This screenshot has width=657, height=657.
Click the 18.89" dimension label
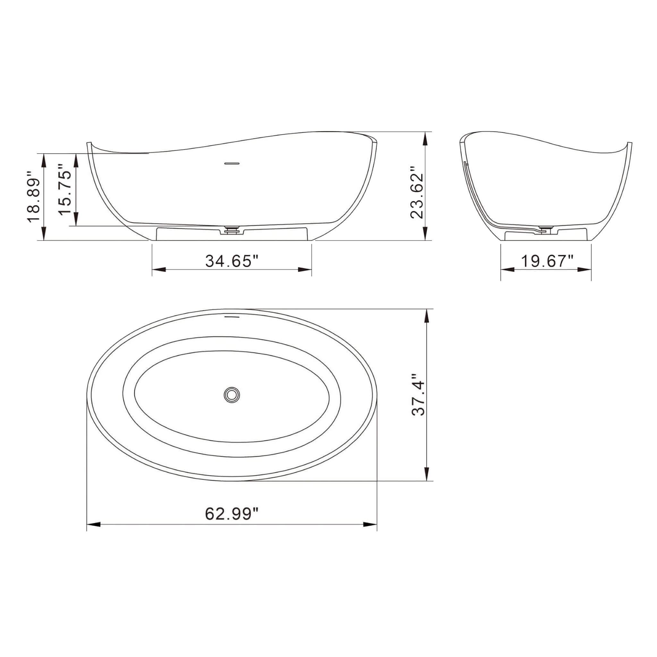pos(34,196)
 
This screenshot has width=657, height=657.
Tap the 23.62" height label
pos(417,192)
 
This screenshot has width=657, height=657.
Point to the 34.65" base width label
pos(232,261)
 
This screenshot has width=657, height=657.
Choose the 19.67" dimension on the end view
pos(547,261)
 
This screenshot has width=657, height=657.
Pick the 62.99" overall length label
pos(232,514)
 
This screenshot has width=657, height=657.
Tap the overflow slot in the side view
pos(232,163)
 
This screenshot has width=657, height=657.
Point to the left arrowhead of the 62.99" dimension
pos(94,525)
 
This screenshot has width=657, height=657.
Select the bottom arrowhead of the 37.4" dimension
pos(427,474)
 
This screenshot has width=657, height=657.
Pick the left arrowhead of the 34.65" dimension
pos(158,270)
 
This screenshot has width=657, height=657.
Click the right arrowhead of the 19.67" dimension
pos(584,270)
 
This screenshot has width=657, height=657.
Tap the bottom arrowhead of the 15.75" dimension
pos(76,219)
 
